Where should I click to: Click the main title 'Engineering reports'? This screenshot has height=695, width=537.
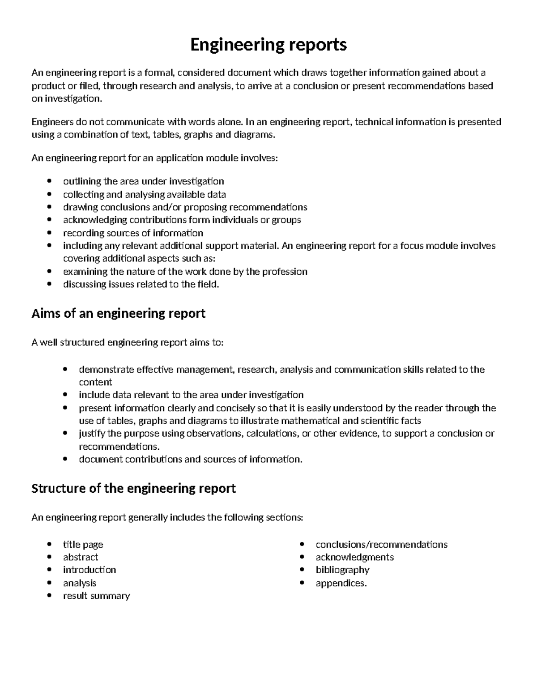coord(268,45)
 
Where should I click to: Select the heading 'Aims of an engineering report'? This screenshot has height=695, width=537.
coord(118,313)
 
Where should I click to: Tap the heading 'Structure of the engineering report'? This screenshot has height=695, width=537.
coord(133,488)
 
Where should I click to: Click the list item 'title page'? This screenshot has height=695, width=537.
coord(83,544)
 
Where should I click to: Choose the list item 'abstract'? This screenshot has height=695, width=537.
coord(81,557)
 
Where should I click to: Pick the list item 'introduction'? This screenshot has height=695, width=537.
coord(89,570)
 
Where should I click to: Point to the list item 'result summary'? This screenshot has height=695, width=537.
coord(96,596)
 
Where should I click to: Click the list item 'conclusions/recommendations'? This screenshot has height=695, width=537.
coord(381,544)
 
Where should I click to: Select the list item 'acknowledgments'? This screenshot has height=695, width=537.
coord(354,557)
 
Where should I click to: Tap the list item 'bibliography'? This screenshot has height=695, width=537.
coord(342,570)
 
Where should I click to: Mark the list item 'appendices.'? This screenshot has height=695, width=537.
coord(341,583)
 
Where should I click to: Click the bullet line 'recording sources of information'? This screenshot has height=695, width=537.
coord(133,233)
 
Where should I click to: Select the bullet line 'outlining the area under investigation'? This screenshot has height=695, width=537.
coord(143,181)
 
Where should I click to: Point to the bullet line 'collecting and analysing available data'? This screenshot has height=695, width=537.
coord(144,194)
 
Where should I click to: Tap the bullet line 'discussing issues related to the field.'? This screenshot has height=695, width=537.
coord(141,284)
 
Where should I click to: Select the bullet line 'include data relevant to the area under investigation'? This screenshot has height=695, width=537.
coord(191,395)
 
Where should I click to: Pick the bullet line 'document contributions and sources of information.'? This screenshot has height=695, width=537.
coord(191,459)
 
